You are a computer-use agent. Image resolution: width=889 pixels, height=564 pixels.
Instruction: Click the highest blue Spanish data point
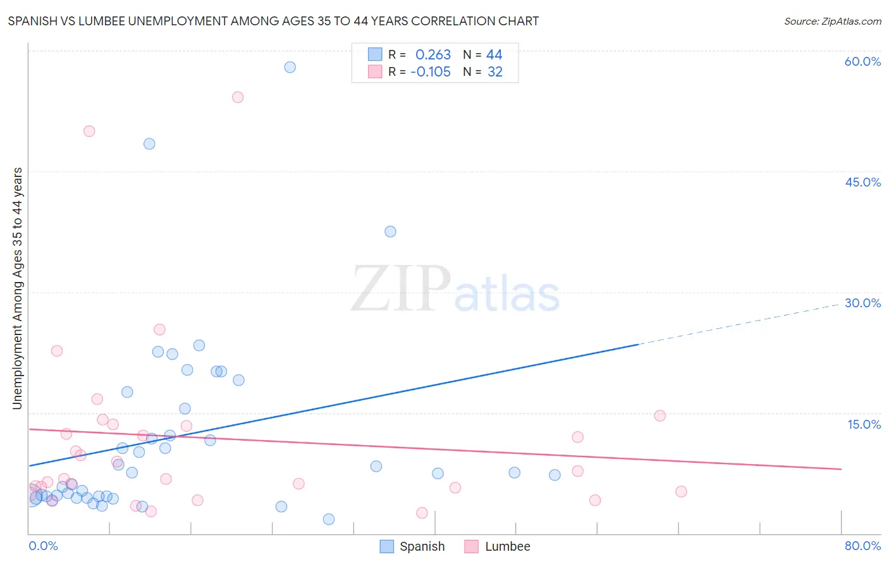[290, 67]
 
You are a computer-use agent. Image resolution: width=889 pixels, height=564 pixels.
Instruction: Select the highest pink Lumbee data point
[238, 97]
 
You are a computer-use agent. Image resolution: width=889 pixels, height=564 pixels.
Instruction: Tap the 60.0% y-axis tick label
[862, 61]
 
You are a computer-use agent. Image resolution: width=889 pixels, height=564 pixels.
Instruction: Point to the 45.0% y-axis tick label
[862, 182]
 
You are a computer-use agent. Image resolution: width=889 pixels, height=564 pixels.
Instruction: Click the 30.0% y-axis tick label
[862, 303]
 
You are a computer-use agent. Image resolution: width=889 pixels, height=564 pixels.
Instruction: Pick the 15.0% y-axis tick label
[864, 424]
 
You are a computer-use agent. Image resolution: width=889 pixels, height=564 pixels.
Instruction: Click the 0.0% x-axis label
[43, 546]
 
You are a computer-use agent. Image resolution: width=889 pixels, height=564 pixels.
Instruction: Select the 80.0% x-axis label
[862, 546]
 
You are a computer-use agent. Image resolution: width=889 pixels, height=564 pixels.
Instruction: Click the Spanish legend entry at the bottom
[422, 546]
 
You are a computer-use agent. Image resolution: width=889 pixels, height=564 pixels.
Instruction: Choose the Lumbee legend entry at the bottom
[507, 546]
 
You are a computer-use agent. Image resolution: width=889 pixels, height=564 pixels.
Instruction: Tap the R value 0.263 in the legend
[433, 55]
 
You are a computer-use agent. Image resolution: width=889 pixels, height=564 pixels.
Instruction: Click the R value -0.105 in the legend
[431, 72]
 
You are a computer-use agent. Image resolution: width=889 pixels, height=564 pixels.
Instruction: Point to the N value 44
[494, 55]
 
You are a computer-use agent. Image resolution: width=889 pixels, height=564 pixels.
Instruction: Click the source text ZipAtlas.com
[832, 21]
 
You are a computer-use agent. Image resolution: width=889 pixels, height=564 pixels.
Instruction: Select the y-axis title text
[17, 288]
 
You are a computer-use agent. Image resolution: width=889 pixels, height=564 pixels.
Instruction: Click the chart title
[273, 21]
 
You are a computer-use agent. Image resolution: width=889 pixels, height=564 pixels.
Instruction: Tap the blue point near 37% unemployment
[390, 231]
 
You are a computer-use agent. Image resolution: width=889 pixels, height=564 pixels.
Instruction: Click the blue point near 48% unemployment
[149, 144]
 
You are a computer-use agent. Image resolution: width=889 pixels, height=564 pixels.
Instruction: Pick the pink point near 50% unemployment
[89, 131]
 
